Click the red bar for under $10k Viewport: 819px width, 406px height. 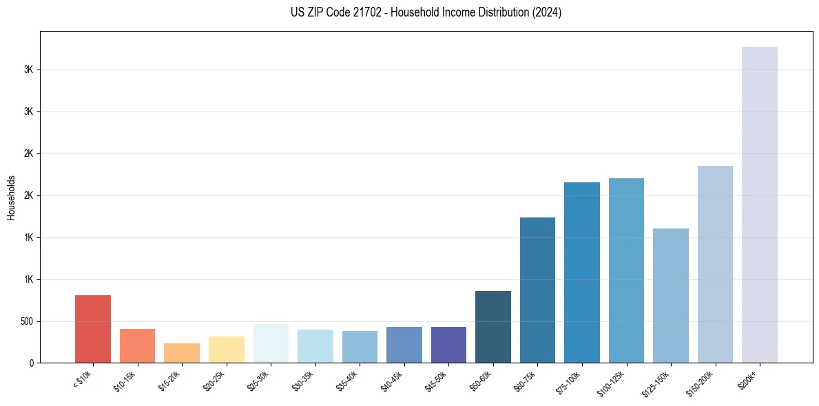93,329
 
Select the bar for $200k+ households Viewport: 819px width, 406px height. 760,205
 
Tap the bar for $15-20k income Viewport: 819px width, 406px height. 182,353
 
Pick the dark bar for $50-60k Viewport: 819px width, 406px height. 493,327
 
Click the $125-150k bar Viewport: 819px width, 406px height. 671,296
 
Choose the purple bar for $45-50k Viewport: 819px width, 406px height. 448,345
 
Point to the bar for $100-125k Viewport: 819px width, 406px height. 626,270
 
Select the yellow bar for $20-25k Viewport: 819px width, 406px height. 227,350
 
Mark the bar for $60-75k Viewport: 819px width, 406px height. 537,290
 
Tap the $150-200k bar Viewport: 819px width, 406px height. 715,264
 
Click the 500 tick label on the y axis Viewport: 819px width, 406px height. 26,321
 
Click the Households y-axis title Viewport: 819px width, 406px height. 11,197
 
